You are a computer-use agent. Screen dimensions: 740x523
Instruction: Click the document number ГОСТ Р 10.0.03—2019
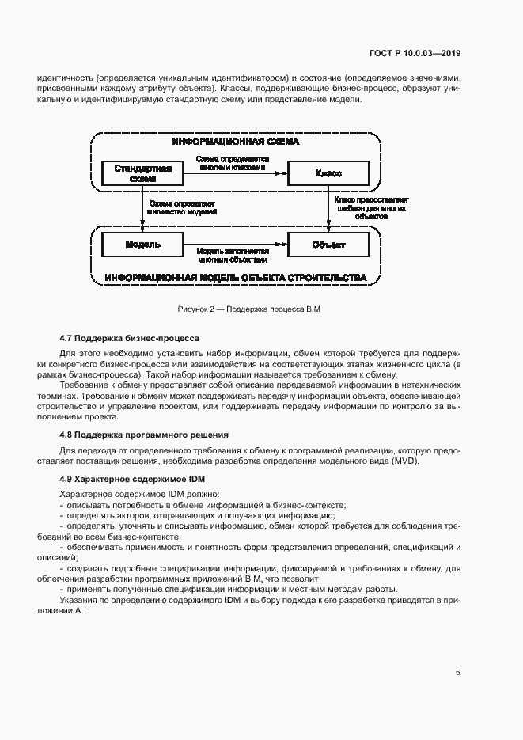[415, 54]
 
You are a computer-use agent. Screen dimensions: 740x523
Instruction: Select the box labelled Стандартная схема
[143, 173]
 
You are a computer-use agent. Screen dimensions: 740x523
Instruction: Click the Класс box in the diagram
[328, 173]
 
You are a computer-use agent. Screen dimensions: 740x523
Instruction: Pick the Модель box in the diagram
[143, 245]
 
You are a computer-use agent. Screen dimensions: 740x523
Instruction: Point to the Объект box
[328, 245]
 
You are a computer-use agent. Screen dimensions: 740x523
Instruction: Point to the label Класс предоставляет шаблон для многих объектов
[371, 208]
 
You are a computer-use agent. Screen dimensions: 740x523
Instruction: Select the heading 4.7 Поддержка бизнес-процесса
[130, 338]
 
